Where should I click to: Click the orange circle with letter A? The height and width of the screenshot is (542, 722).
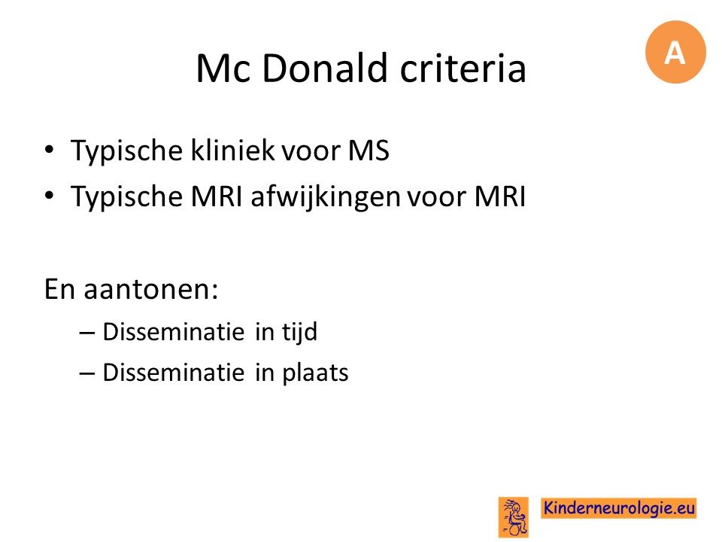(675, 52)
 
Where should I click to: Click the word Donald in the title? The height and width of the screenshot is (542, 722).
(325, 69)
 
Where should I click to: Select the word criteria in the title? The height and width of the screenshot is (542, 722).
(463, 69)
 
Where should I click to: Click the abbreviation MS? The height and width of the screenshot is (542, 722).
(369, 151)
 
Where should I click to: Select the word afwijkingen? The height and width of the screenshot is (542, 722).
(325, 197)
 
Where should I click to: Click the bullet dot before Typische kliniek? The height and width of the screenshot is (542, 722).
(50, 149)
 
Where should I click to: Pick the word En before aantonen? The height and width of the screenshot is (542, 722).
(60, 289)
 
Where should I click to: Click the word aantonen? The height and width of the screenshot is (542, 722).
(150, 289)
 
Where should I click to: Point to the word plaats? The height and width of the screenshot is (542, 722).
(315, 373)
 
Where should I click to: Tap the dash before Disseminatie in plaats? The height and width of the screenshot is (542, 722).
(87, 373)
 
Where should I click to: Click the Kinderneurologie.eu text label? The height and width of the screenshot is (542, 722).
(619, 508)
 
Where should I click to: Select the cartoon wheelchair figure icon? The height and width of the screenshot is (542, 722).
(514, 517)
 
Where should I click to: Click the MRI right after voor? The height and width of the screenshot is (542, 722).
(500, 196)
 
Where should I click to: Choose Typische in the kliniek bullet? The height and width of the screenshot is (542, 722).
(126, 151)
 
